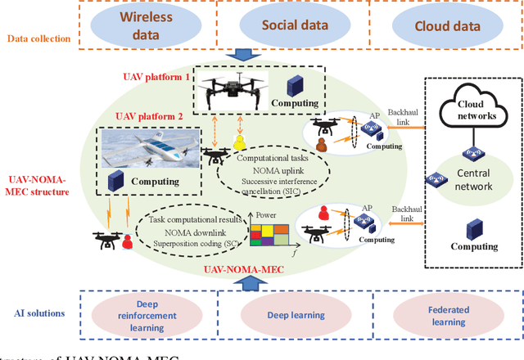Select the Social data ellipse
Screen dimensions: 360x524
click(295, 25)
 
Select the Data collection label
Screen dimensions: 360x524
click(39, 38)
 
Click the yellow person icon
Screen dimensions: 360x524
click(240, 145)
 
